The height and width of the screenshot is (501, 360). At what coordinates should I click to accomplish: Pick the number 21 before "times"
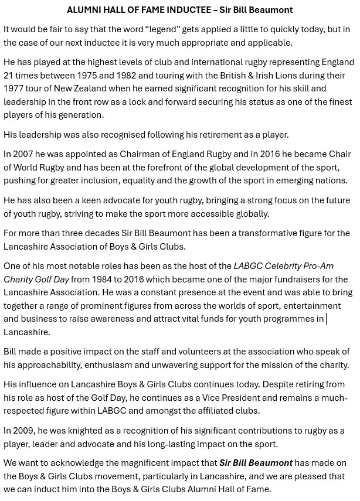click(x=9, y=75)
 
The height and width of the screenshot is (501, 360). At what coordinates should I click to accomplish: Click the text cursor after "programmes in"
click(x=326, y=319)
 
